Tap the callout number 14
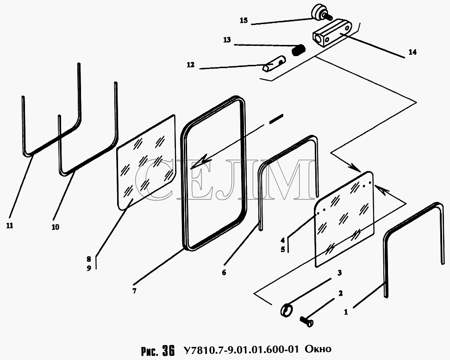412,52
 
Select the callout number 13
227,40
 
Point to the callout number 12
191,65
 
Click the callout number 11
9,226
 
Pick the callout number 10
56,227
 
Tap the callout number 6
224,272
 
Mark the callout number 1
346,312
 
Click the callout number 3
339,272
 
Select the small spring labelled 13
300,49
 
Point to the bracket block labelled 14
332,35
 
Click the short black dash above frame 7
275,119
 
